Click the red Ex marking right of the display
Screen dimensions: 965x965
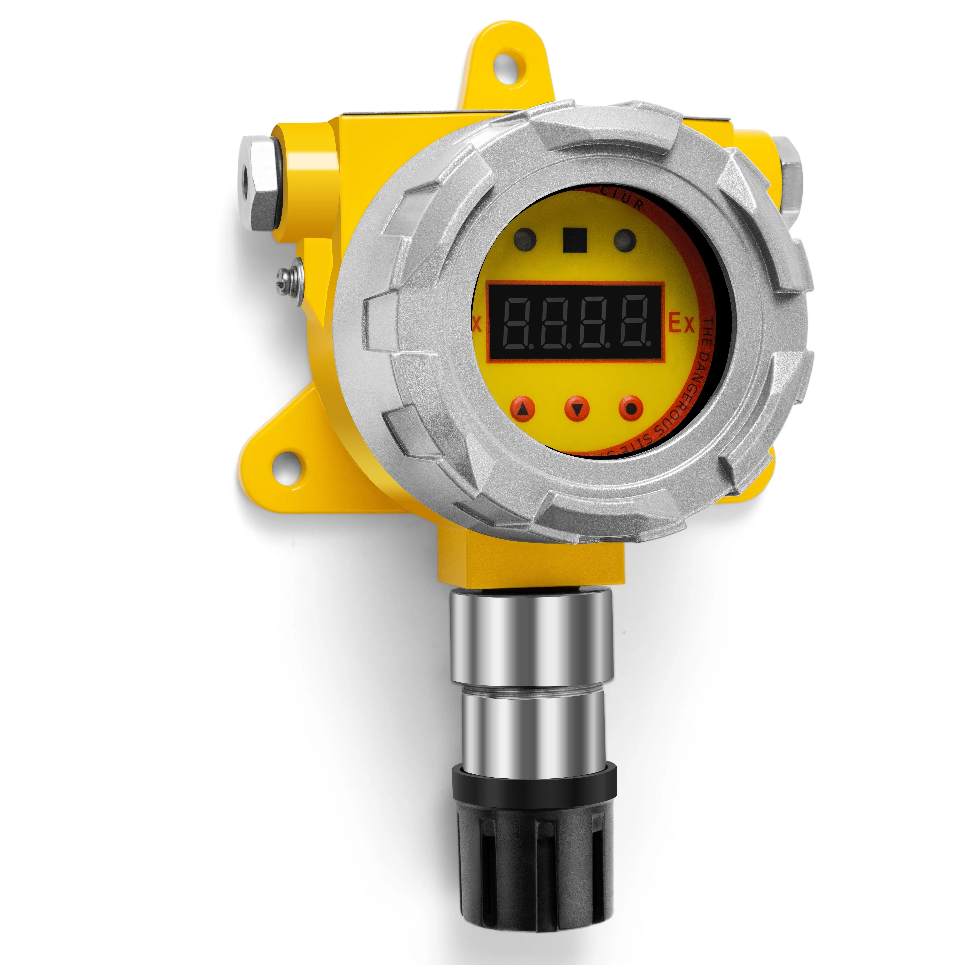click(x=682, y=324)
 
